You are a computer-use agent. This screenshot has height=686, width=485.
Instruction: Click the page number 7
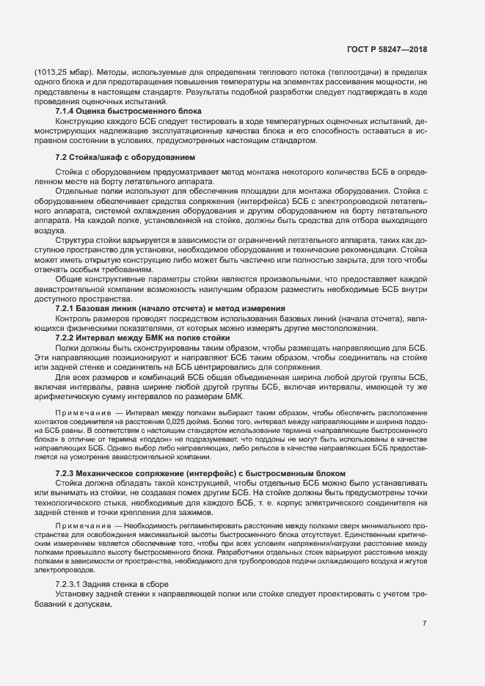pos(424,623)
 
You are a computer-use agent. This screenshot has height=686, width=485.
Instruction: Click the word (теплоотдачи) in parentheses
pos(351,73)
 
